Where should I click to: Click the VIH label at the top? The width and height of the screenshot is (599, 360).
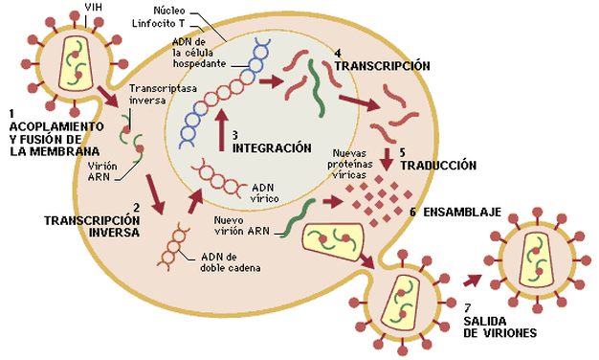pos(94,7)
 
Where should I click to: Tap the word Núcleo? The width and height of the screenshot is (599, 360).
pos(169,11)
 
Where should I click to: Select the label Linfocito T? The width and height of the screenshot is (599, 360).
pos(159,23)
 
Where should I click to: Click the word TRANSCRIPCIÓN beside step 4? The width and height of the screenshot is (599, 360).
pos(383,66)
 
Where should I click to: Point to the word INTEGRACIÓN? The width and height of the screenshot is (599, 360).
pos(272,147)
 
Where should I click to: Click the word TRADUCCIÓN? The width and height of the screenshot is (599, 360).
pos(438,166)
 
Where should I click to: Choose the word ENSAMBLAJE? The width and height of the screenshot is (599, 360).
pos(462,212)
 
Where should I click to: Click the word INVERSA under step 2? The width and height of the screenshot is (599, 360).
pos(114,233)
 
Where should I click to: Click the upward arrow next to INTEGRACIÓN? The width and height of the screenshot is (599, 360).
pos(221,129)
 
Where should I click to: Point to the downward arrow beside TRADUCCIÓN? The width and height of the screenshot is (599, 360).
pos(387,159)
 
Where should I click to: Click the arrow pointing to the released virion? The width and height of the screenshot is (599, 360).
pos(472,281)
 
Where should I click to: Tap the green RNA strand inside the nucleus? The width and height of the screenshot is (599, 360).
pos(317,88)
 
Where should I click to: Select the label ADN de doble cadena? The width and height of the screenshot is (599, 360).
pos(231,262)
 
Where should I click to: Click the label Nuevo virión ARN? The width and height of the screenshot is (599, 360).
pos(242,226)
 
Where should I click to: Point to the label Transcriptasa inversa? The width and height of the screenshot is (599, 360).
pos(163,94)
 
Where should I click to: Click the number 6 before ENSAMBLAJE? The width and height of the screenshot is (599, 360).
pos(413,212)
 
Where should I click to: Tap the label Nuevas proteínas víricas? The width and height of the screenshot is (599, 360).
pos(349,164)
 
